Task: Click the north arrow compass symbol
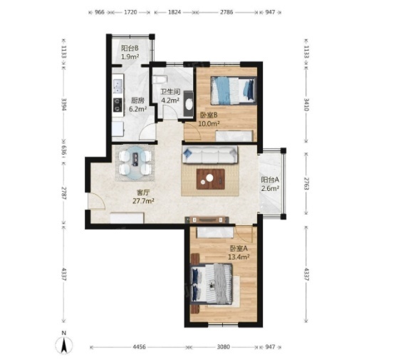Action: point(63,344)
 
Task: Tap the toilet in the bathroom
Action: point(160,79)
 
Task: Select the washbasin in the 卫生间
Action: point(189,103)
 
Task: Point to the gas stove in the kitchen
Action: point(118,105)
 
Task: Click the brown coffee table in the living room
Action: point(211,179)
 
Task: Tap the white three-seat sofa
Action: point(209,155)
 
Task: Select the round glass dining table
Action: point(135,163)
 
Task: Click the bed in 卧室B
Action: point(233,91)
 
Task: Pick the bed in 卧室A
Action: point(212,284)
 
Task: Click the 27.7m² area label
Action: point(143,201)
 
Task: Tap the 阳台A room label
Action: point(270,180)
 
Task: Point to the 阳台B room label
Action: point(130,48)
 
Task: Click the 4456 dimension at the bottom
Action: point(139,347)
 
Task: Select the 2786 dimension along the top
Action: point(227,12)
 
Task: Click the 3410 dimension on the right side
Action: point(306,104)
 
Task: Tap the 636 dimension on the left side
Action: point(63,152)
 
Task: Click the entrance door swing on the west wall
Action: point(96,201)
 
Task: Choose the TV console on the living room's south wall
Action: point(207,220)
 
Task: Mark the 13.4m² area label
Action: point(239,257)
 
